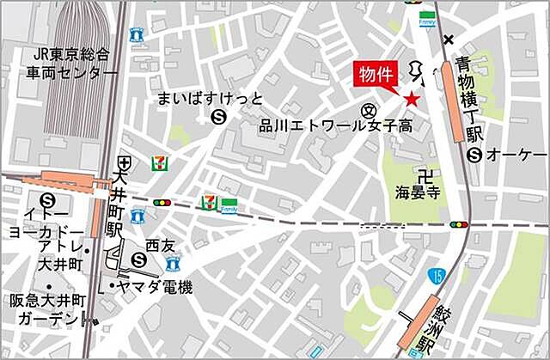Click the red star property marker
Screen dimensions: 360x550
[x=412, y=100]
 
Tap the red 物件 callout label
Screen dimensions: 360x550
[x=377, y=75]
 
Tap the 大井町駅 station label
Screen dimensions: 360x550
[x=115, y=204]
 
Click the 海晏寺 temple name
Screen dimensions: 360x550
[x=418, y=191]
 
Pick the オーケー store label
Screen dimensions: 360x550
[x=516, y=155]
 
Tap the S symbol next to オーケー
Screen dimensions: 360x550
[x=474, y=155]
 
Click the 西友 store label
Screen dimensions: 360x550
[x=159, y=244]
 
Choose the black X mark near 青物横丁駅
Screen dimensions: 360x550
[x=449, y=40]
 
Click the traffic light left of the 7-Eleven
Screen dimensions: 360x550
[x=161, y=203]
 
